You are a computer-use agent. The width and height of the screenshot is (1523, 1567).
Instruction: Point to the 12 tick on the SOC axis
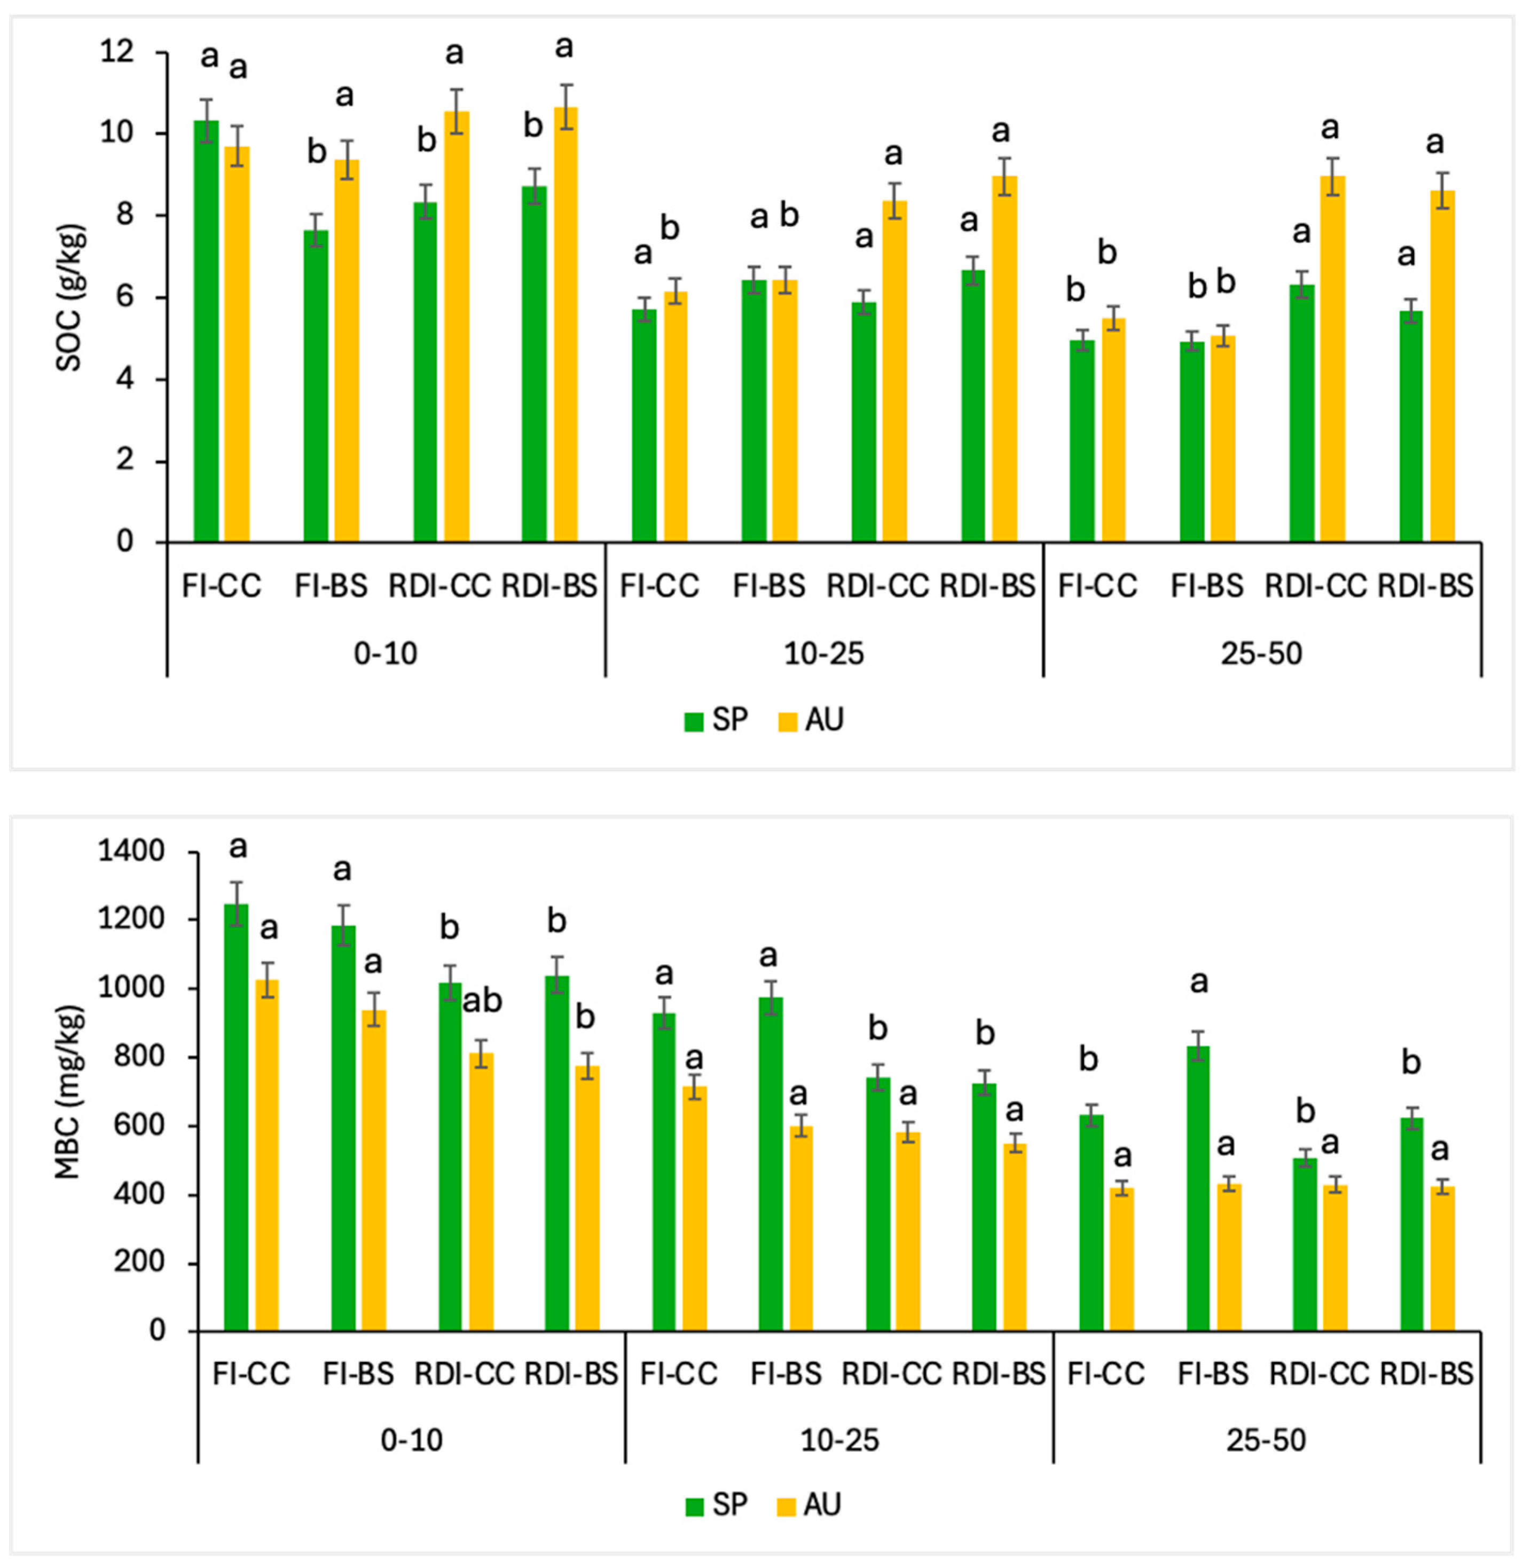click(117, 53)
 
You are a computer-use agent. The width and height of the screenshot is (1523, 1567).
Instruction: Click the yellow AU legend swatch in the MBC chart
click(788, 1506)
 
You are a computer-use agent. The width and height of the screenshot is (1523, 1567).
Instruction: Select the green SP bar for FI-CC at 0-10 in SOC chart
click(206, 332)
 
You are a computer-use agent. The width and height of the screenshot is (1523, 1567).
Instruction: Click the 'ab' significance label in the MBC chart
click(482, 1002)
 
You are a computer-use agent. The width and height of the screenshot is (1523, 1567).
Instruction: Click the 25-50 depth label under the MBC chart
click(1266, 1440)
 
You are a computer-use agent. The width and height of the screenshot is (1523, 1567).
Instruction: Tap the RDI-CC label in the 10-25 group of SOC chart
click(877, 586)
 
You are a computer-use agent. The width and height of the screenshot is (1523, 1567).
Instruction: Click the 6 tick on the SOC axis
click(125, 297)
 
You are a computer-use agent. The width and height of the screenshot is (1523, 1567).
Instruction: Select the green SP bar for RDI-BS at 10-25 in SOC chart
click(974, 407)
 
